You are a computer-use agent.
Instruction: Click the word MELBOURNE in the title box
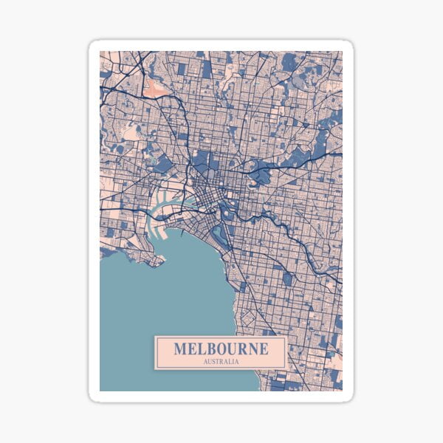(220, 348)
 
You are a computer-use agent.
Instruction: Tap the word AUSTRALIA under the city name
(220, 362)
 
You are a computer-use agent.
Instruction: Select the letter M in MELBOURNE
(180, 348)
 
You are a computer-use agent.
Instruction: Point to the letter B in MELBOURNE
(210, 348)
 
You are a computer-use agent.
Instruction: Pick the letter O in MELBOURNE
(221, 348)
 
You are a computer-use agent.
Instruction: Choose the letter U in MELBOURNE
(232, 348)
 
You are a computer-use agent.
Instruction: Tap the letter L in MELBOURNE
(200, 348)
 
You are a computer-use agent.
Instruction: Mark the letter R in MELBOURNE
(241, 348)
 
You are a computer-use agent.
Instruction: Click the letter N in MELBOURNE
(251, 348)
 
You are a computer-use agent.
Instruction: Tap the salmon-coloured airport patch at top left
(157, 88)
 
